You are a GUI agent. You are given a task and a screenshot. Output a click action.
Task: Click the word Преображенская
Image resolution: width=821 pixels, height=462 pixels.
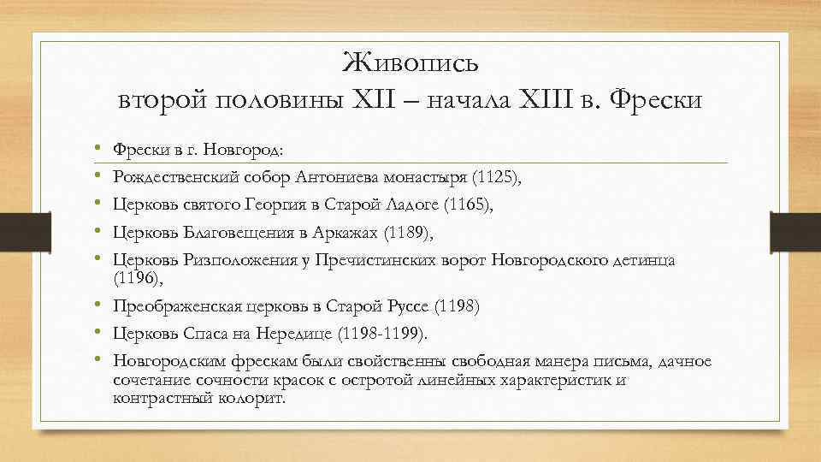click(x=179, y=305)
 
